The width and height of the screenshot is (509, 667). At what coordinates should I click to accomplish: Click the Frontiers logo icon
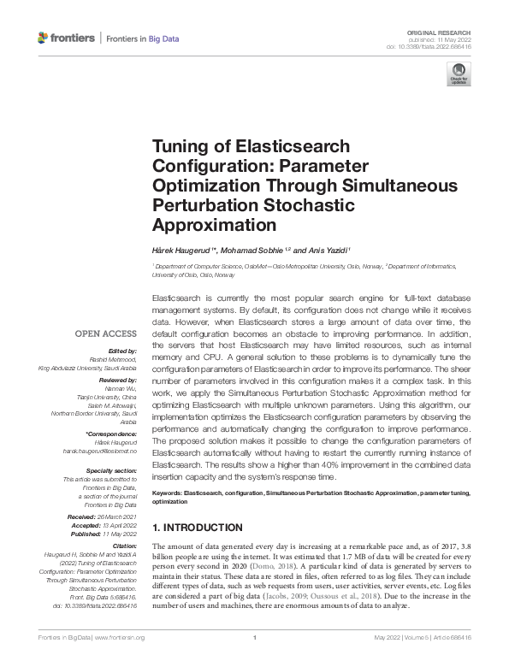[44, 38]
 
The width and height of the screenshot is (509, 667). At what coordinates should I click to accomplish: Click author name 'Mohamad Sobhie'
[257, 251]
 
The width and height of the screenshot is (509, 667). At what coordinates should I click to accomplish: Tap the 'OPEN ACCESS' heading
[105, 333]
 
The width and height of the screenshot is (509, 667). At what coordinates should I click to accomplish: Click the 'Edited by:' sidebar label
[123, 351]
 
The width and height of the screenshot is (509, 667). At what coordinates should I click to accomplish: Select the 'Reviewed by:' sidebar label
[119, 377]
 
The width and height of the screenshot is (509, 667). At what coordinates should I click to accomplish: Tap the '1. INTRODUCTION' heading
[196, 528]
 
